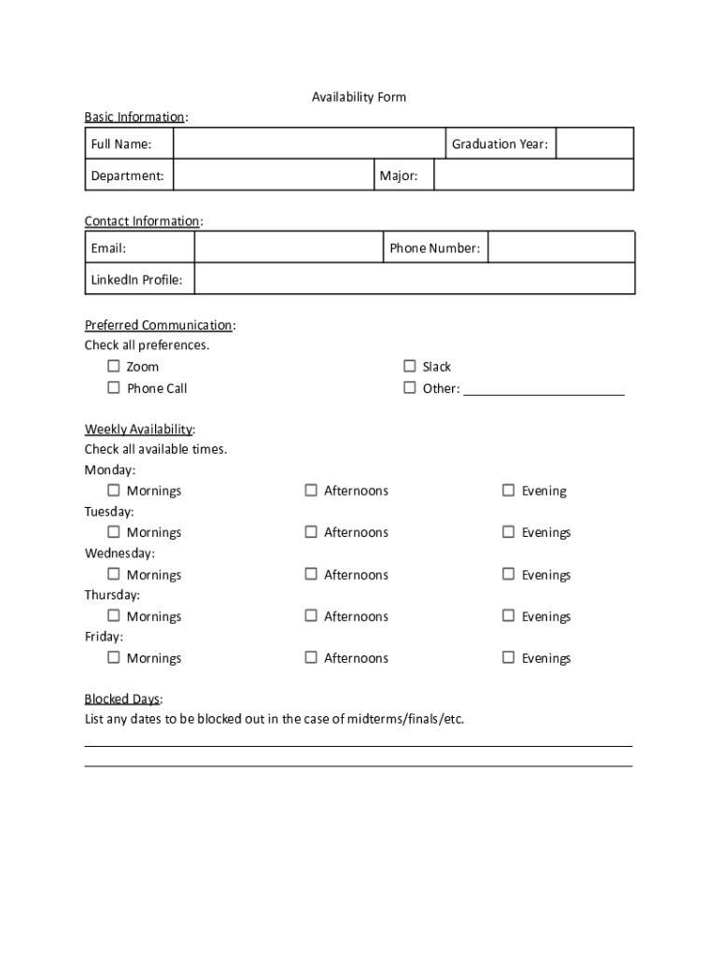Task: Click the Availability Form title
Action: coord(359,97)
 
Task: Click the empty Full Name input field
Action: coord(309,144)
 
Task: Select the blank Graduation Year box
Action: coord(594,144)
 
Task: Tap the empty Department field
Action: coord(274,176)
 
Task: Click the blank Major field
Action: coord(533,176)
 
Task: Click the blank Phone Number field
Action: coord(560,248)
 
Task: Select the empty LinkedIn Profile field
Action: coord(414,279)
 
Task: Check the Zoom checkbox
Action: coord(114,366)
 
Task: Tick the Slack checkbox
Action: coord(409,366)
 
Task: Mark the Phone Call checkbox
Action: coord(114,387)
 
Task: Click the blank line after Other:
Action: coord(543,388)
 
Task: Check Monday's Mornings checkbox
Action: coord(114,490)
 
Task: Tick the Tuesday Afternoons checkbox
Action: coord(311,532)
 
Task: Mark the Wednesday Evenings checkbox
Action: coord(508,574)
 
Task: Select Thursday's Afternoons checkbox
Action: coord(311,615)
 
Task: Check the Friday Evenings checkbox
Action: coord(508,657)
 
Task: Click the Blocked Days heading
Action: coord(122,699)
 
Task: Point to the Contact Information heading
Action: coord(142,221)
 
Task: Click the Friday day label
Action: coord(103,637)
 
